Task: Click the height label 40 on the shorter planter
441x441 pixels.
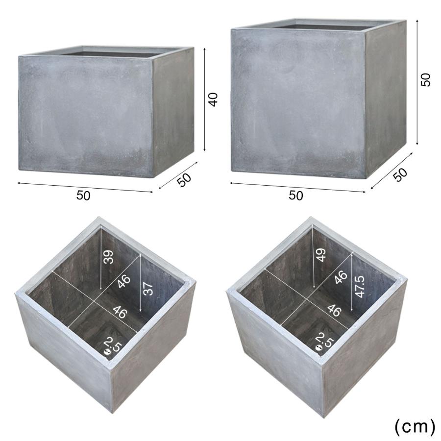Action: [214, 99]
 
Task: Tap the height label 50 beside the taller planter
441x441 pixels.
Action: [426, 79]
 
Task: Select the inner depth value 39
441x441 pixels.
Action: [109, 257]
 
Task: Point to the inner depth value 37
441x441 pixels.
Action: [148, 289]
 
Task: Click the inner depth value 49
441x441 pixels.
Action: [321, 255]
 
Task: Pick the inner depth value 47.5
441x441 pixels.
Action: [360, 287]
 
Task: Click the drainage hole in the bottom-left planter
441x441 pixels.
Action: [107, 352]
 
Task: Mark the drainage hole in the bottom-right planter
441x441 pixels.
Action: [319, 348]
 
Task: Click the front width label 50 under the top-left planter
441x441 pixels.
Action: [83, 196]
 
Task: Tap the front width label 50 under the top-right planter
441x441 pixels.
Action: [296, 196]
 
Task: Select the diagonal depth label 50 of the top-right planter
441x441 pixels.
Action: [400, 174]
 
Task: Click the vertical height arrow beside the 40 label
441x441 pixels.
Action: [204, 99]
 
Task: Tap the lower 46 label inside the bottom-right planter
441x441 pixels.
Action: [334, 310]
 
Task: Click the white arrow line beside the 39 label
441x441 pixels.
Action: [100, 258]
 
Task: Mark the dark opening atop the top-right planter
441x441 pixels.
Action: [328, 26]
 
